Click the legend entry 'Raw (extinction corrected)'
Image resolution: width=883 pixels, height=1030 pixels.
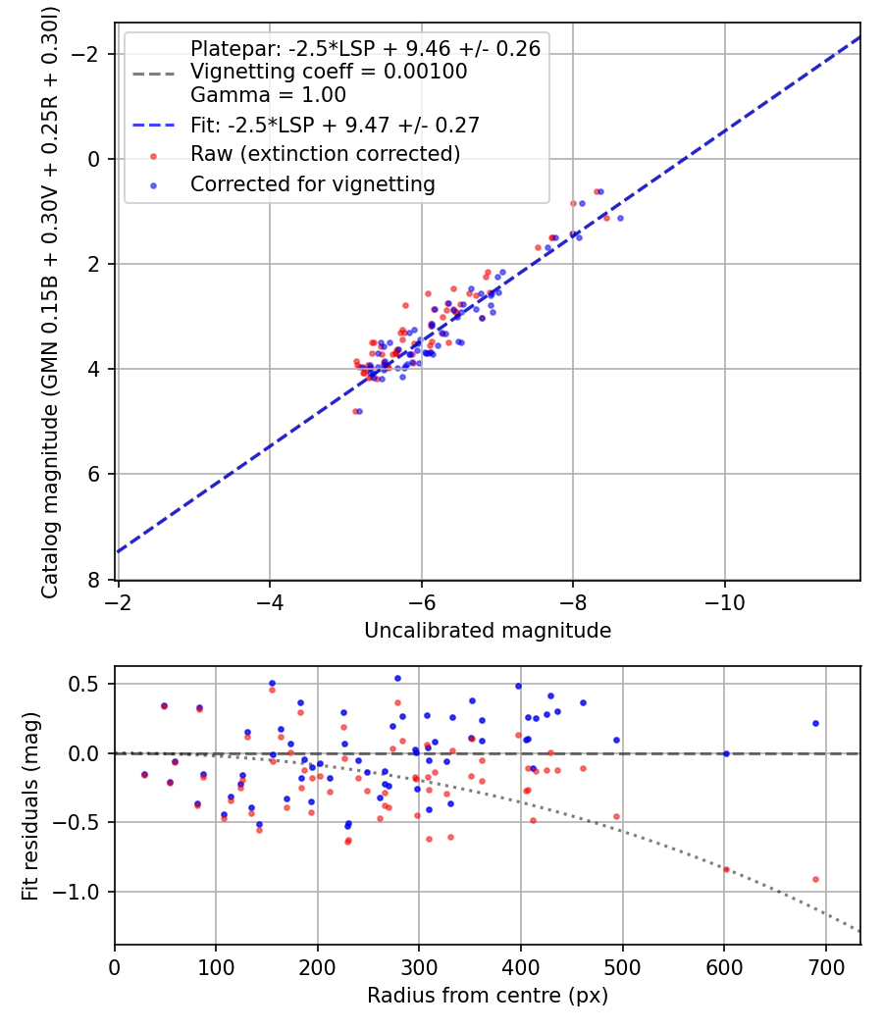325,154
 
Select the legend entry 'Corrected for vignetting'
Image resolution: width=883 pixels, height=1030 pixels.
312,183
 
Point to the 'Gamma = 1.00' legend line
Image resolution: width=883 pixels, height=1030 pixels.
268,95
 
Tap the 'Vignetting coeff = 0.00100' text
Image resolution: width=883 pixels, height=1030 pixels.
328,72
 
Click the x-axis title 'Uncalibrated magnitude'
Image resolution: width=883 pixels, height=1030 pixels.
488,630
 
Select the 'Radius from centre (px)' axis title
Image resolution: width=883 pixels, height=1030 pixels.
488,996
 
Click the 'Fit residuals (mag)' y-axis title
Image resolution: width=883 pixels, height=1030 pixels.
30,806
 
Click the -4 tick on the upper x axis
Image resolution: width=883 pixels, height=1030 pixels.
270,597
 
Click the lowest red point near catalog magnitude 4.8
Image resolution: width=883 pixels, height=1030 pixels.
355,411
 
